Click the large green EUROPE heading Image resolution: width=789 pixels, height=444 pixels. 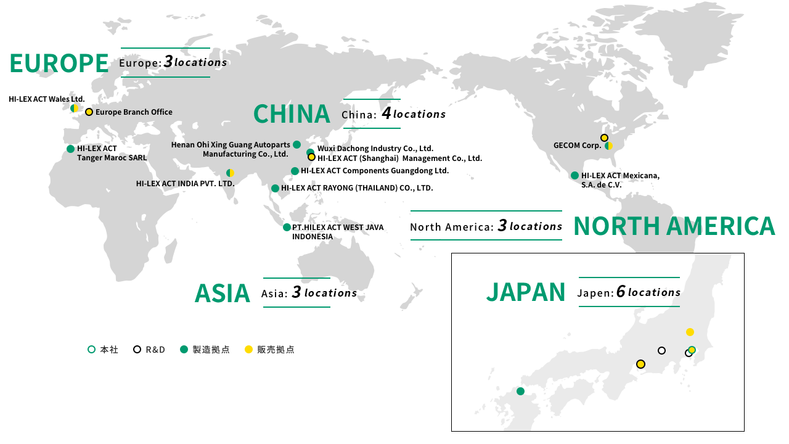[59, 63]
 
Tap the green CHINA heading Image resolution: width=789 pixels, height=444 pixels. [292, 114]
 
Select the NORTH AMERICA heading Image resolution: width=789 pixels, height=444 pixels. [674, 226]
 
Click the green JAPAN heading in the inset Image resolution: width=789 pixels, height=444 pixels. [526, 292]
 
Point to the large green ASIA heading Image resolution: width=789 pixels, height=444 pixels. [223, 293]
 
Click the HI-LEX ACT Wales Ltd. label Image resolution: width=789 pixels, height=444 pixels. [47, 99]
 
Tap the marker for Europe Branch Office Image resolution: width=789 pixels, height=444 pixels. [89, 112]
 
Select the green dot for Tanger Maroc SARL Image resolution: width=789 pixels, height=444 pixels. [71, 149]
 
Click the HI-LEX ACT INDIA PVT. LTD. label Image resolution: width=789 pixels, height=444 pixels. [185, 183]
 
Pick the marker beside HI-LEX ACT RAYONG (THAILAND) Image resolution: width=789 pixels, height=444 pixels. [275, 188]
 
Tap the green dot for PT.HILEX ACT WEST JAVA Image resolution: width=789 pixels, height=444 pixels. [287, 228]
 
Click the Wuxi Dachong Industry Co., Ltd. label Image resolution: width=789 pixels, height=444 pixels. [375, 149]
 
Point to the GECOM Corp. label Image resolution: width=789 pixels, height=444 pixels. [577, 146]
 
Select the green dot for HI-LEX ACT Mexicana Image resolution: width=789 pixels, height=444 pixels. [574, 176]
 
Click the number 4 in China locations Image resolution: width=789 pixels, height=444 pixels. [386, 113]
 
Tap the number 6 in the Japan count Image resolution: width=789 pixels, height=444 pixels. [621, 292]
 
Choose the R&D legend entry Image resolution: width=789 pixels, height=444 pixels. [150, 350]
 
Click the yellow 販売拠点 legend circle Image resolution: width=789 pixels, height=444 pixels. [248, 350]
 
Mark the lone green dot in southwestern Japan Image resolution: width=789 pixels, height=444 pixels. [520, 391]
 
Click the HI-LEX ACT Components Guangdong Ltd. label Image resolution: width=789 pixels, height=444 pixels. [374, 171]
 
